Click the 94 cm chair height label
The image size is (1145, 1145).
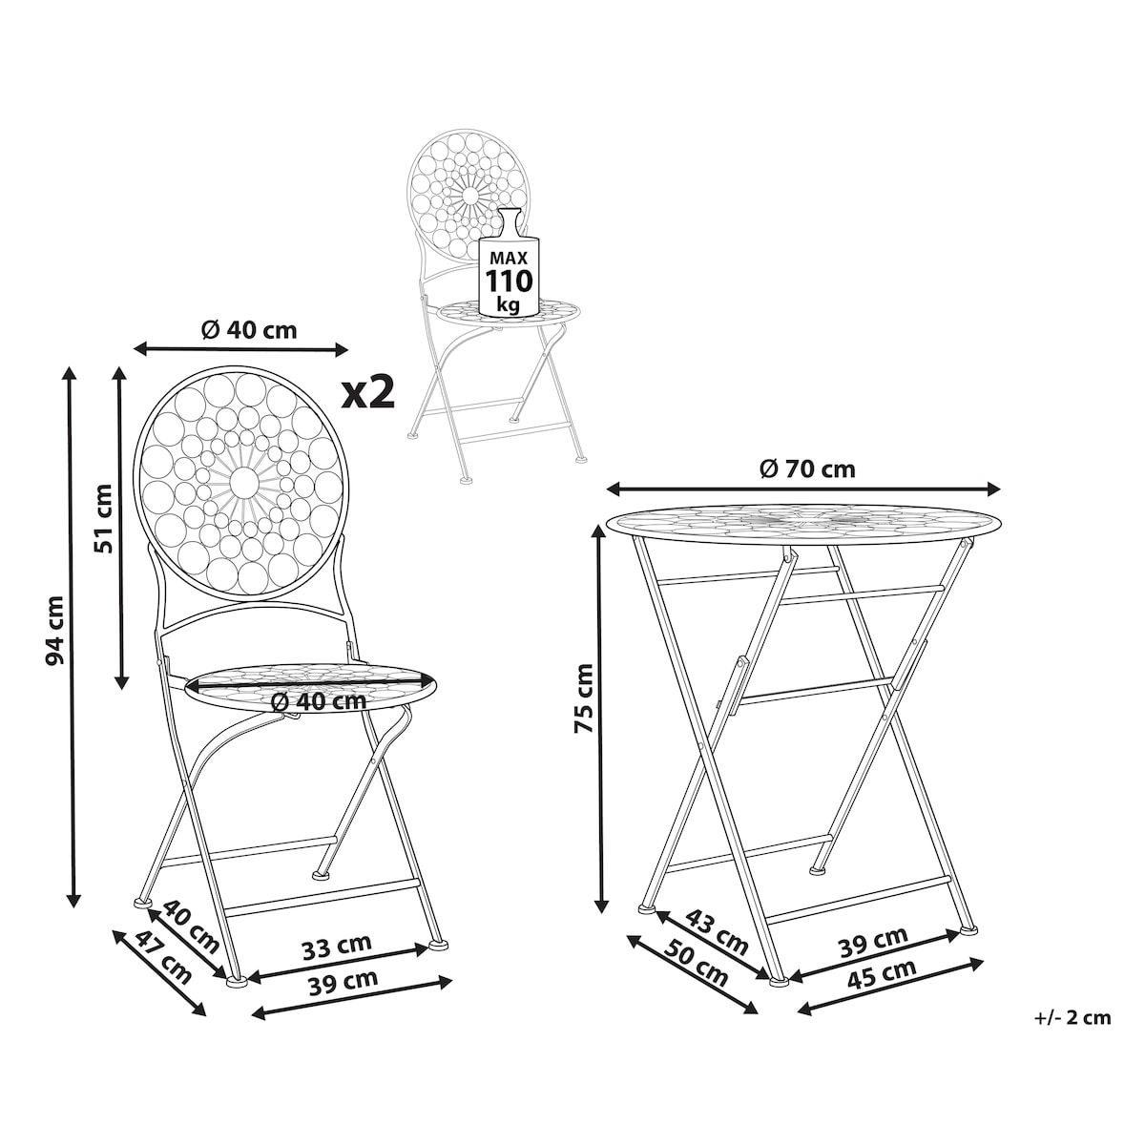(54, 631)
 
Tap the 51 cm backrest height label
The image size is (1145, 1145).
(103, 519)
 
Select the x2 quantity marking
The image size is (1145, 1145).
(367, 392)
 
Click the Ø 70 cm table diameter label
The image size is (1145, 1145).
(808, 469)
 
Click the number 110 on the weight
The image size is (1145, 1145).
(510, 281)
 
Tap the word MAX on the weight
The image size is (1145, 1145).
(509, 258)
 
